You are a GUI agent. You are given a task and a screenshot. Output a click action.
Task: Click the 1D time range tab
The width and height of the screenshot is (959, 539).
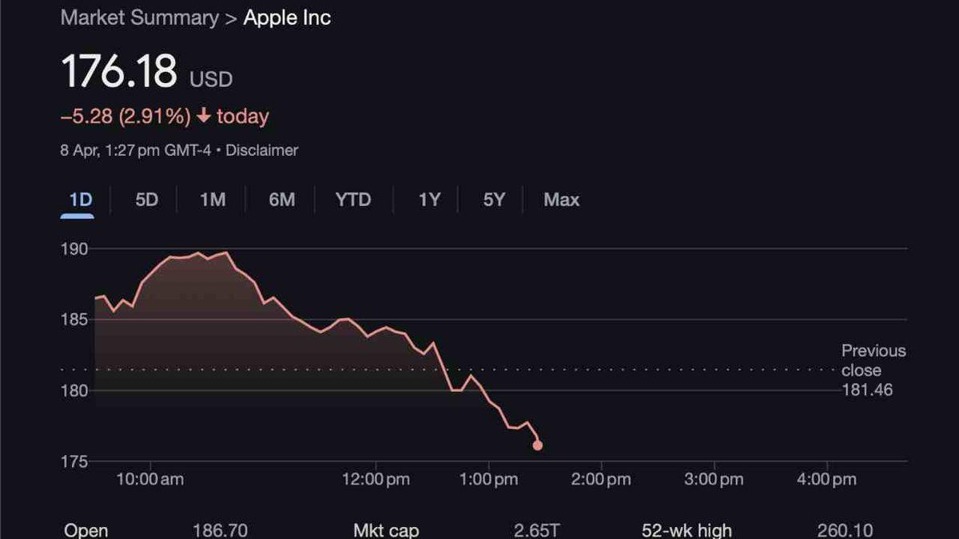click(x=80, y=200)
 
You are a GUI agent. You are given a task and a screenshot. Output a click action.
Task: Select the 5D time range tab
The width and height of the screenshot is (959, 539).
click(x=146, y=200)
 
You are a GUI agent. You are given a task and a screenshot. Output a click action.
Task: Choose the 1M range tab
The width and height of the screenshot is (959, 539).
click(x=213, y=200)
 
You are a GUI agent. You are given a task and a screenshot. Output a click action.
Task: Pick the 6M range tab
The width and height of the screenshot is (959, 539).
click(x=281, y=200)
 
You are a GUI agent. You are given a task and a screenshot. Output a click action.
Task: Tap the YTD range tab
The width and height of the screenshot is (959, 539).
click(x=353, y=200)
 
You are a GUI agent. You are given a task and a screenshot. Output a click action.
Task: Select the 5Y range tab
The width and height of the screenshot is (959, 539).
click(x=494, y=200)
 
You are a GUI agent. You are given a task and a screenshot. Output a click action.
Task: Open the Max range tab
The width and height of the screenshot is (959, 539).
click(x=561, y=200)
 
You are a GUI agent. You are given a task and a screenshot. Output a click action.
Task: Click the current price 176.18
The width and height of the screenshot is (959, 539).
click(x=119, y=72)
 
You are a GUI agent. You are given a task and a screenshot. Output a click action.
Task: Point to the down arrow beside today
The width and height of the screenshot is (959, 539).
click(x=203, y=117)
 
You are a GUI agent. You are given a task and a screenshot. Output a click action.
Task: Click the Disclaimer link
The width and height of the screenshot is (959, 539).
click(x=261, y=150)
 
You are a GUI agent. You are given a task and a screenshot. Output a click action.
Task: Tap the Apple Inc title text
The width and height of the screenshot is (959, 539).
click(x=287, y=18)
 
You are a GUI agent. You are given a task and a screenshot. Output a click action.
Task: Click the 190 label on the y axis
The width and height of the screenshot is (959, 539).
click(x=75, y=249)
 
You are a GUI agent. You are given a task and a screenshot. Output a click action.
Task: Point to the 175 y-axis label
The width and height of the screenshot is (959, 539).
click(x=75, y=462)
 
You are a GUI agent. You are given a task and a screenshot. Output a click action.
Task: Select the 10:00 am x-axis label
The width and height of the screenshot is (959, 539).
click(x=150, y=479)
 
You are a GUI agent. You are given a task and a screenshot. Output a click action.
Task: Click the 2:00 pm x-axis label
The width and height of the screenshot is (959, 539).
click(x=601, y=479)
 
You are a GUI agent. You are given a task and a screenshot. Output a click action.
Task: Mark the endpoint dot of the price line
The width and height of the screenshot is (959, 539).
click(x=537, y=446)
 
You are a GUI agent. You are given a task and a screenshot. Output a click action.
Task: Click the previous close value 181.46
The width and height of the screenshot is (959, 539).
click(x=867, y=390)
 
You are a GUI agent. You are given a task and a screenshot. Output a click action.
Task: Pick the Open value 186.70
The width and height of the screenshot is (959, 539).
click(x=220, y=530)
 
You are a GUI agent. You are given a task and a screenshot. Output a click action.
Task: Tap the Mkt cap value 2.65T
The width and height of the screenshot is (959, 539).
click(x=537, y=530)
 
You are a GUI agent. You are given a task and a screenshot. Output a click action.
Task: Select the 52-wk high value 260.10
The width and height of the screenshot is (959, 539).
click(x=845, y=530)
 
